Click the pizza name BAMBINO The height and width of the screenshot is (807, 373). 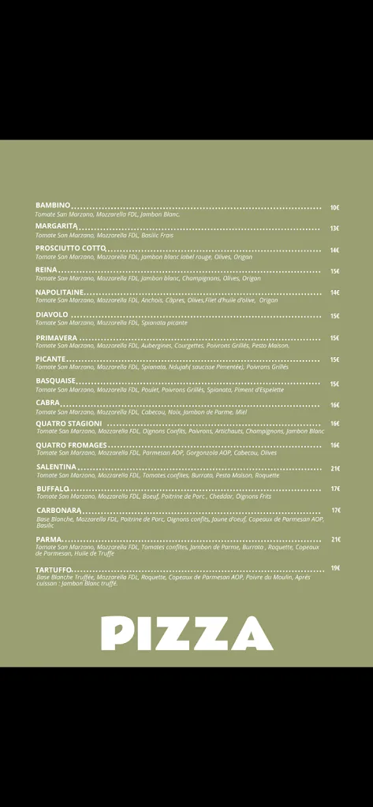click(53, 206)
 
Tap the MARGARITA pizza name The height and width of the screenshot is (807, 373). click(57, 226)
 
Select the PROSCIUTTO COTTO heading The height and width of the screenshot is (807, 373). click(70, 248)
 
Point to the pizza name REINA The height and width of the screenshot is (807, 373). click(47, 270)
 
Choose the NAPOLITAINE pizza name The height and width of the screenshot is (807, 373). click(60, 292)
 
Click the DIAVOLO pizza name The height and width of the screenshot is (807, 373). click(52, 314)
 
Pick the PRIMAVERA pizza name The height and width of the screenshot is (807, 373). click(57, 337)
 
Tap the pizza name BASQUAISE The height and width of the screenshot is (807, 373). click(56, 381)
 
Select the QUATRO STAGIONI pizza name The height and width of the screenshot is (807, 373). click(69, 423)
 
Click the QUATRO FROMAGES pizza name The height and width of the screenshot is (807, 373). click(71, 445)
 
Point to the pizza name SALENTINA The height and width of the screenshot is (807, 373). click(56, 467)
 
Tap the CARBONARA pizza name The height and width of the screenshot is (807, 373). click(58, 510)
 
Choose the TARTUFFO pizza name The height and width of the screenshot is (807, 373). click(54, 569)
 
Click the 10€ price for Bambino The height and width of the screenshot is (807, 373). click(334, 207)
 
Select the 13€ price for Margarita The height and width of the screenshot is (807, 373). click(334, 229)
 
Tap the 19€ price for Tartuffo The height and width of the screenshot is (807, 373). click(335, 568)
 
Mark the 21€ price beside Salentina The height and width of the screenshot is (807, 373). click(335, 468)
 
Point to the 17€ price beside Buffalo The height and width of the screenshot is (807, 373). click(335, 489)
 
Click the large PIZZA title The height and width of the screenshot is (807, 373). click(187, 633)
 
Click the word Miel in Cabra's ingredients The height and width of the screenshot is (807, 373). click(241, 411)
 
